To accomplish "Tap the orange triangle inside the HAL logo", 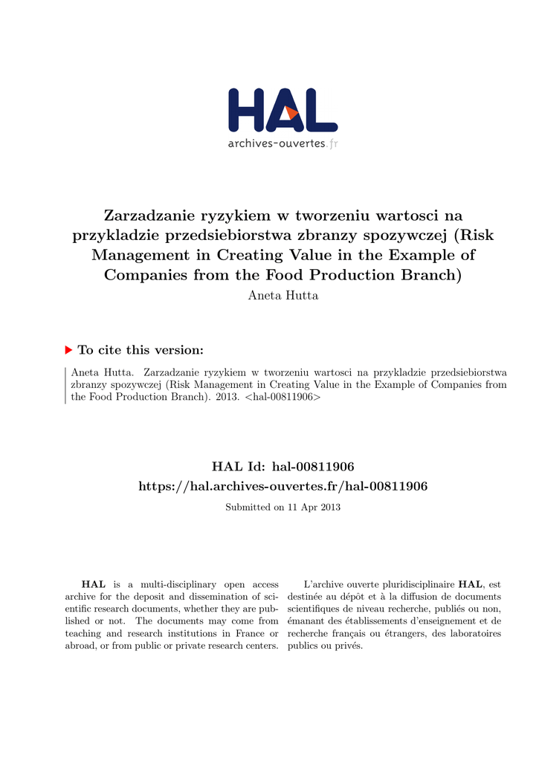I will pos(291,112).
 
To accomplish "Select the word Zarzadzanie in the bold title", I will pos(149,216).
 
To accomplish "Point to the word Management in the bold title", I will pos(151,255).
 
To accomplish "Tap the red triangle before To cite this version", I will pos(69,349).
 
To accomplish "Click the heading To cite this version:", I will pos(141,350).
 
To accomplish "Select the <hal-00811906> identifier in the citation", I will pos(283,398).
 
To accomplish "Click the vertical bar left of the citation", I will pos(65,384).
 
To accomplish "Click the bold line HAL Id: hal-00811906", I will pos(283,467).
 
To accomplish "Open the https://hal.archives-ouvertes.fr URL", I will pos(283,486).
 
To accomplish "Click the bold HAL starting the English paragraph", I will pos(93,585).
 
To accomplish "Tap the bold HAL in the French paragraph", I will pos(470,585).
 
